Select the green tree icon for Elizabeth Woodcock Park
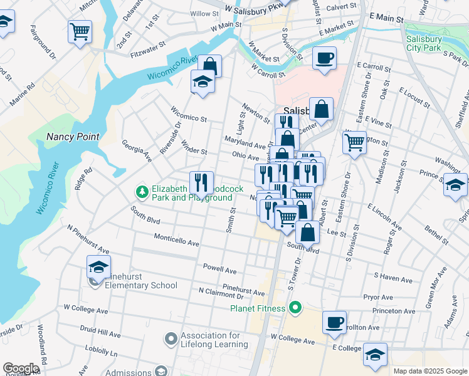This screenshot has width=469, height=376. [x=142, y=190]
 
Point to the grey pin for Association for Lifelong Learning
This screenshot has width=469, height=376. [x=170, y=340]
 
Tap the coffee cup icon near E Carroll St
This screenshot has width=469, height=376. [x=324, y=58]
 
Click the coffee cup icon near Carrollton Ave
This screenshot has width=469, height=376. [x=334, y=322]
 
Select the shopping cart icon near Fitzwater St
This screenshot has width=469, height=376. [x=80, y=31]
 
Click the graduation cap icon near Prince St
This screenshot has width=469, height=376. [x=455, y=185]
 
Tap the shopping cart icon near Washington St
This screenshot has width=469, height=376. [x=354, y=142]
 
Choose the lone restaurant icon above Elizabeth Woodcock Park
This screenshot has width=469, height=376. [x=201, y=182]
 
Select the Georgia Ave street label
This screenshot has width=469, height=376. [x=137, y=150]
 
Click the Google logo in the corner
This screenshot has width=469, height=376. [x=21, y=368]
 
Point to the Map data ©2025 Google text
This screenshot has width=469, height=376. [x=429, y=371]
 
